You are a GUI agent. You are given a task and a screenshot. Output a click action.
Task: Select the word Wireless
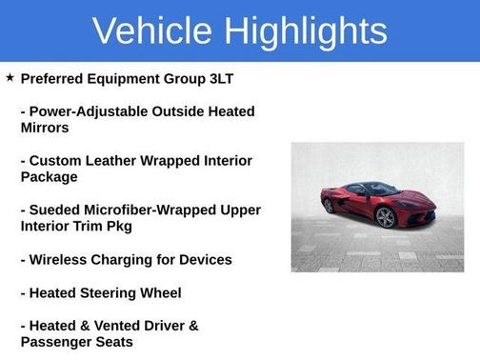[x=62, y=260]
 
